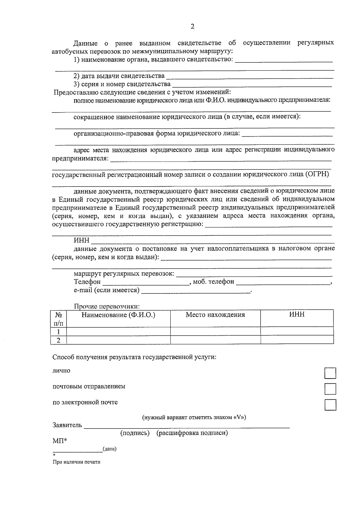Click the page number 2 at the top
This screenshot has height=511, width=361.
(193, 26)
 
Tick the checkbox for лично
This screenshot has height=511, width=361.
(330, 373)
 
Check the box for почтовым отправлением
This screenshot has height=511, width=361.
(330, 389)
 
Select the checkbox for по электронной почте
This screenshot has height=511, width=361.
(330, 405)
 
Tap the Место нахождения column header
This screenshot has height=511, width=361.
(215, 315)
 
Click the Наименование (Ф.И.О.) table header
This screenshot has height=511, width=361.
(118, 315)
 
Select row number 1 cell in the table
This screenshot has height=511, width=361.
(59, 332)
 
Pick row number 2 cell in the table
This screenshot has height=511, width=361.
(59, 340)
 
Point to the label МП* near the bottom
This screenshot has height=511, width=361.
(60, 441)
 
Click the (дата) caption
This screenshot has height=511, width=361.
(110, 449)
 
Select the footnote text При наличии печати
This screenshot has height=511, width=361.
(76, 462)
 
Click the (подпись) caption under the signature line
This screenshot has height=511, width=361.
(135, 433)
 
